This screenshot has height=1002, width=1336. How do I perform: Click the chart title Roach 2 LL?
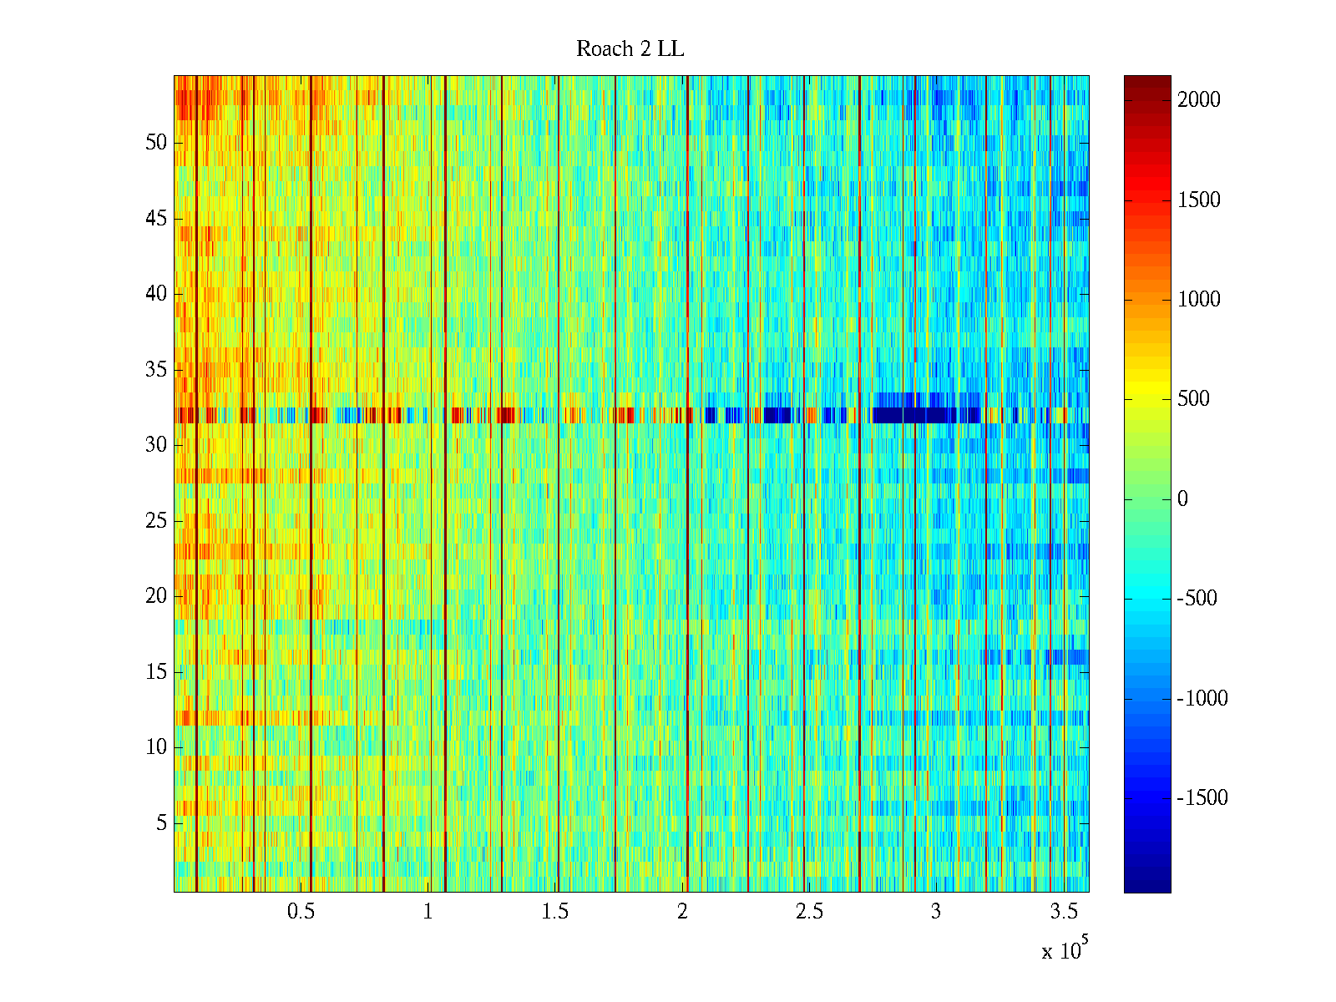(630, 49)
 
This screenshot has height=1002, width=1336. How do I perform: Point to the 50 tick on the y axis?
(156, 143)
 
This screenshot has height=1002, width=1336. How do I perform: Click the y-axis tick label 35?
(156, 370)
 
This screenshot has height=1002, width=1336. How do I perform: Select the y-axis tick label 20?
(156, 596)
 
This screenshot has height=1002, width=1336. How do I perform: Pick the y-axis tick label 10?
(156, 747)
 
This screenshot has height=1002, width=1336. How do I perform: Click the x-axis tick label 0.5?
(301, 912)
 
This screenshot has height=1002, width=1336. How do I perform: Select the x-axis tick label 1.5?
(555, 912)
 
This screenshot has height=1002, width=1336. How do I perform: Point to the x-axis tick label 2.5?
(809, 912)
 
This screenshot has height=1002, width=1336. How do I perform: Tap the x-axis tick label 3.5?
(1063, 912)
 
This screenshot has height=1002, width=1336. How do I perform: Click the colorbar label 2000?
(1198, 100)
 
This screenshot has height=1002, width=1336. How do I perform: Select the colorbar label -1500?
(1202, 798)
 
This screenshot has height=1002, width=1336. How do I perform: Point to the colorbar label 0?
(1182, 499)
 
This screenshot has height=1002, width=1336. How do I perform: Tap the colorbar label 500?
(1193, 399)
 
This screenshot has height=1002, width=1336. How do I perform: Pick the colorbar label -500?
(1197, 599)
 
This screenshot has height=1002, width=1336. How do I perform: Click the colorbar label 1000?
(1198, 300)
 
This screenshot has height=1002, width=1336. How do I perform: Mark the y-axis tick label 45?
(156, 219)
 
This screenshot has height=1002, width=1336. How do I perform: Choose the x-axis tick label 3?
(936, 912)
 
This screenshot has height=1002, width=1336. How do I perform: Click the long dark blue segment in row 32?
(914, 415)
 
